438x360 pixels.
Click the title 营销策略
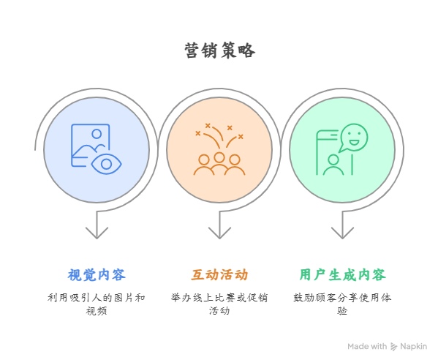point(219,50)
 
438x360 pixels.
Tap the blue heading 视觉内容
point(97,274)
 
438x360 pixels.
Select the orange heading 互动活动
point(219,274)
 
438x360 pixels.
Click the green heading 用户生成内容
point(342,274)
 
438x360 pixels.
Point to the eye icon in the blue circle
point(107,164)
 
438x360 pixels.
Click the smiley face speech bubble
point(353,138)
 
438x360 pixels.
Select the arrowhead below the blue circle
point(97,233)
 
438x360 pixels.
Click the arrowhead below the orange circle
point(219,233)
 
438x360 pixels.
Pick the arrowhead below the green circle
point(342,233)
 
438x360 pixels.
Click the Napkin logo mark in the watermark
point(393,347)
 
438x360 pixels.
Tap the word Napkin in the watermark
point(413,347)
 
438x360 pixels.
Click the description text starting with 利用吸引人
point(97,304)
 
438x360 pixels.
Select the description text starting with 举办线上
point(219,304)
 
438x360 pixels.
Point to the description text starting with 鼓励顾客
point(342,304)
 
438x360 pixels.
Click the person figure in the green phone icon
point(333,165)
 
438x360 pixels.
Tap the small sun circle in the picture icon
point(97,134)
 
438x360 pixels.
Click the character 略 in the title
point(246,50)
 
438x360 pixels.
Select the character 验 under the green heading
point(342,311)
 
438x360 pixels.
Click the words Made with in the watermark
point(367,347)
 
